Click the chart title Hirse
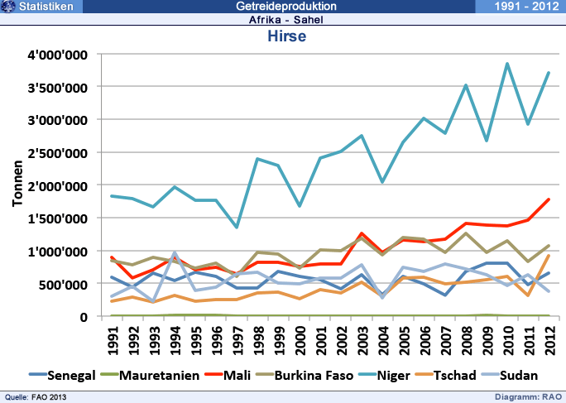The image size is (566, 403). [x=287, y=36]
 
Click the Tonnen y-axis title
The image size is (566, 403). [x=17, y=185]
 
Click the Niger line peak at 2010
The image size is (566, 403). [x=506, y=64]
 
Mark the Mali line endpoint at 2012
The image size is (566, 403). [x=548, y=199]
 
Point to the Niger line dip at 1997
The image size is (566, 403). [x=237, y=228]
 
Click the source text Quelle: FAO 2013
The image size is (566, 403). [x=36, y=397]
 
